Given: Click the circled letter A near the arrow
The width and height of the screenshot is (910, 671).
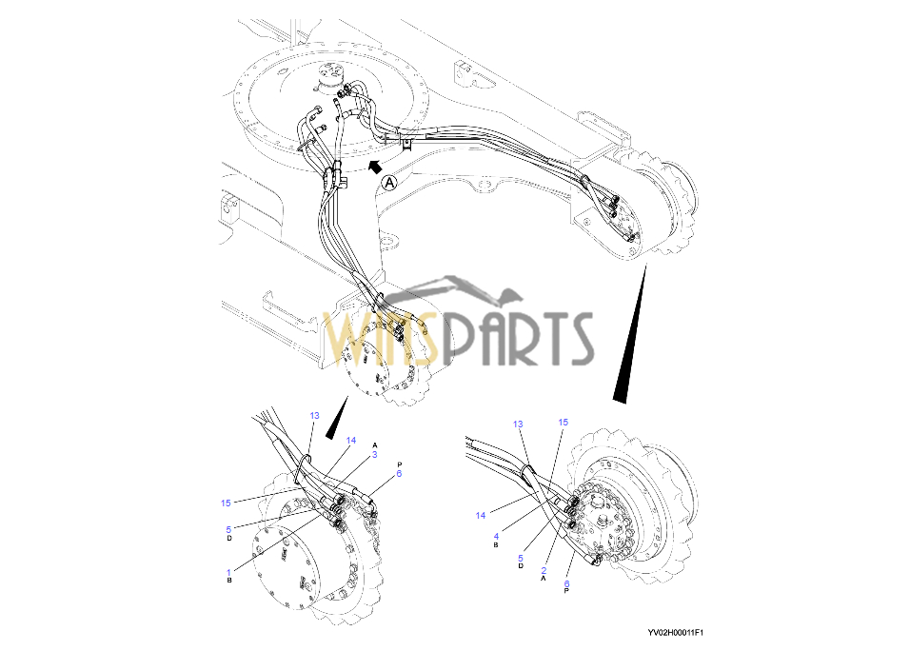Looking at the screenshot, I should [x=388, y=181].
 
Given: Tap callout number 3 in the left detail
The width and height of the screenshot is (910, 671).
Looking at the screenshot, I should [x=375, y=455].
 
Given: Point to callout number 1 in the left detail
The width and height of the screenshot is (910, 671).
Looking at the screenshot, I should [x=229, y=572].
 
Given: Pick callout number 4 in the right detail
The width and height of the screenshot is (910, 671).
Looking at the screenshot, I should [x=497, y=536].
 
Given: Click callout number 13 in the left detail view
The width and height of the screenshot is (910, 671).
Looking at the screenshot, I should [x=315, y=416].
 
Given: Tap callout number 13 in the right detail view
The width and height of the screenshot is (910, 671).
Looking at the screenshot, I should [x=519, y=424].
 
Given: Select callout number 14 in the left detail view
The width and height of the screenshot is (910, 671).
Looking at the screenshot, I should [x=350, y=441].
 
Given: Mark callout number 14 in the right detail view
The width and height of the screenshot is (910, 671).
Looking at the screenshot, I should [x=481, y=515].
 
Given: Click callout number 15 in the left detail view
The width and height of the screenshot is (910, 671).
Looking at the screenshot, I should [x=226, y=503].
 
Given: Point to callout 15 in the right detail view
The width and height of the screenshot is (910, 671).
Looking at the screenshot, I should [x=563, y=422].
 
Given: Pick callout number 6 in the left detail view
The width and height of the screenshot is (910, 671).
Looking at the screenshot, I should [x=399, y=473].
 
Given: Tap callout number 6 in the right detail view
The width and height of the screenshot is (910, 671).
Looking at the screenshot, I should [x=568, y=583].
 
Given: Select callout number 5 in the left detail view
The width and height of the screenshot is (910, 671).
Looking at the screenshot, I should [x=229, y=529].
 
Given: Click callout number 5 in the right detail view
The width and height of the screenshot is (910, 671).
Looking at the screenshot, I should [x=521, y=558].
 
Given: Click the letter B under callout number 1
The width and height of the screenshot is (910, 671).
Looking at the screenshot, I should [x=229, y=582].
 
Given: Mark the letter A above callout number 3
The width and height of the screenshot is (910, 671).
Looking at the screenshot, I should [x=375, y=445].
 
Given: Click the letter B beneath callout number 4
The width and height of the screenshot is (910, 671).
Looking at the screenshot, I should [x=497, y=545].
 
